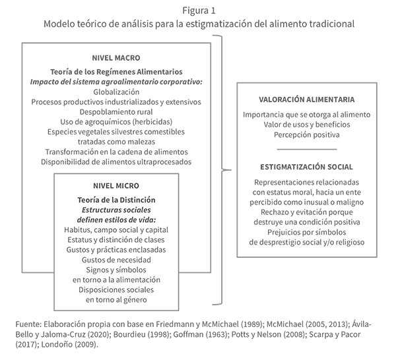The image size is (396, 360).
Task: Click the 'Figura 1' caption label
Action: click(x=198, y=9)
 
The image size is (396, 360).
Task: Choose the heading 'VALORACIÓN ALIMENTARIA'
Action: click(x=308, y=100)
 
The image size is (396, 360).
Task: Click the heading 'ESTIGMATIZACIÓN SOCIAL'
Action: click(x=308, y=167)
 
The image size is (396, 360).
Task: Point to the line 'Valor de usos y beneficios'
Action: click(x=308, y=124)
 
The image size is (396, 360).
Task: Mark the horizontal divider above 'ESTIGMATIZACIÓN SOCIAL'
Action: click(x=308, y=151)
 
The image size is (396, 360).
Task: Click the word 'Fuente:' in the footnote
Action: click(x=28, y=324)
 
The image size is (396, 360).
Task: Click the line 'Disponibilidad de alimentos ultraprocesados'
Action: click(x=115, y=161)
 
